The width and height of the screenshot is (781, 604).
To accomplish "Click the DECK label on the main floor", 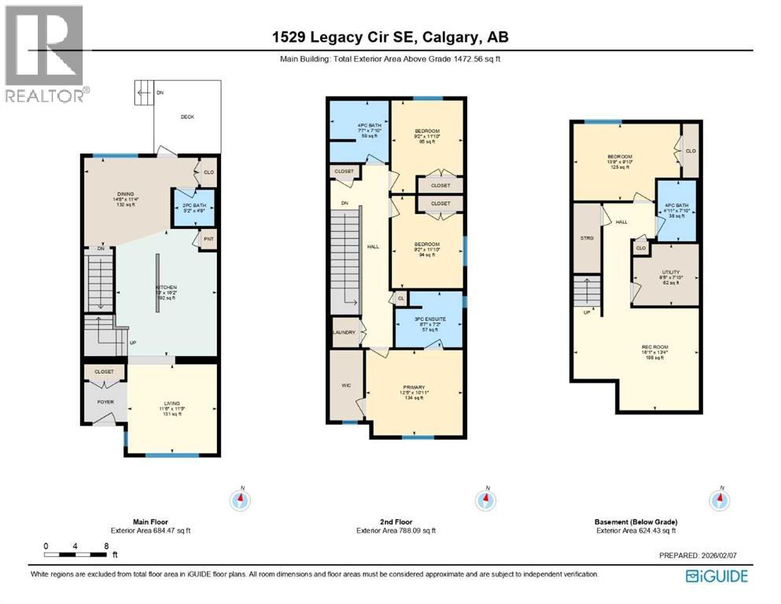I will (186, 117).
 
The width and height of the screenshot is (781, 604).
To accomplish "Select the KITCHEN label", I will (166, 288).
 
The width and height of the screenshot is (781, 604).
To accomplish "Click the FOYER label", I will (105, 402).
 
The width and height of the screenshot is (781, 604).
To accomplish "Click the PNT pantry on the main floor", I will (208, 239).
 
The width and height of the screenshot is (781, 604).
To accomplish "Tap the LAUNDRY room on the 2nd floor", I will (344, 333).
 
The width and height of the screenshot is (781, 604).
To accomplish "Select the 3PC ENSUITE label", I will (430, 319).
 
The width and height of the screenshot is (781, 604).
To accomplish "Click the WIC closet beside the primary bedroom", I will (345, 385).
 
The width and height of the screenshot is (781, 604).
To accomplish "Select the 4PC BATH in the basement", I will (676, 211).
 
